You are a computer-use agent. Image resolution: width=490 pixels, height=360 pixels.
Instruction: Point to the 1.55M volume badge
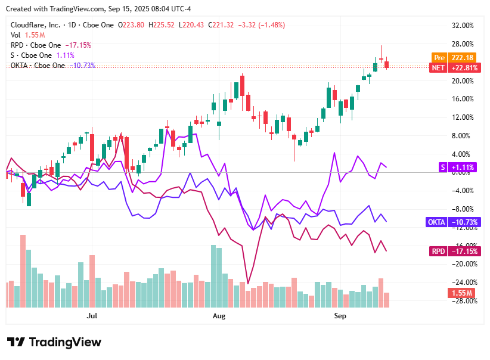click(461, 293)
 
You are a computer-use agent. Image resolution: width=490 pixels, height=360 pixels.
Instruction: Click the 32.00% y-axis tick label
click(463, 26)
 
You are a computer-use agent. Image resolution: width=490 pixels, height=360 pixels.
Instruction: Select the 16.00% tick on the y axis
click(463, 99)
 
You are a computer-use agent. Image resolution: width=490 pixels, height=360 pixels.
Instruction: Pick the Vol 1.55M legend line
click(24, 35)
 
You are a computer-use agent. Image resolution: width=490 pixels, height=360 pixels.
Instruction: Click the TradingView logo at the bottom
click(54, 342)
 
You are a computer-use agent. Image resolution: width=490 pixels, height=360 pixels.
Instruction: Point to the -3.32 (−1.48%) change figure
click(261, 25)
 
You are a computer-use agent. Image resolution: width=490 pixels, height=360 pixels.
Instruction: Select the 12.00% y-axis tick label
click(463, 117)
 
